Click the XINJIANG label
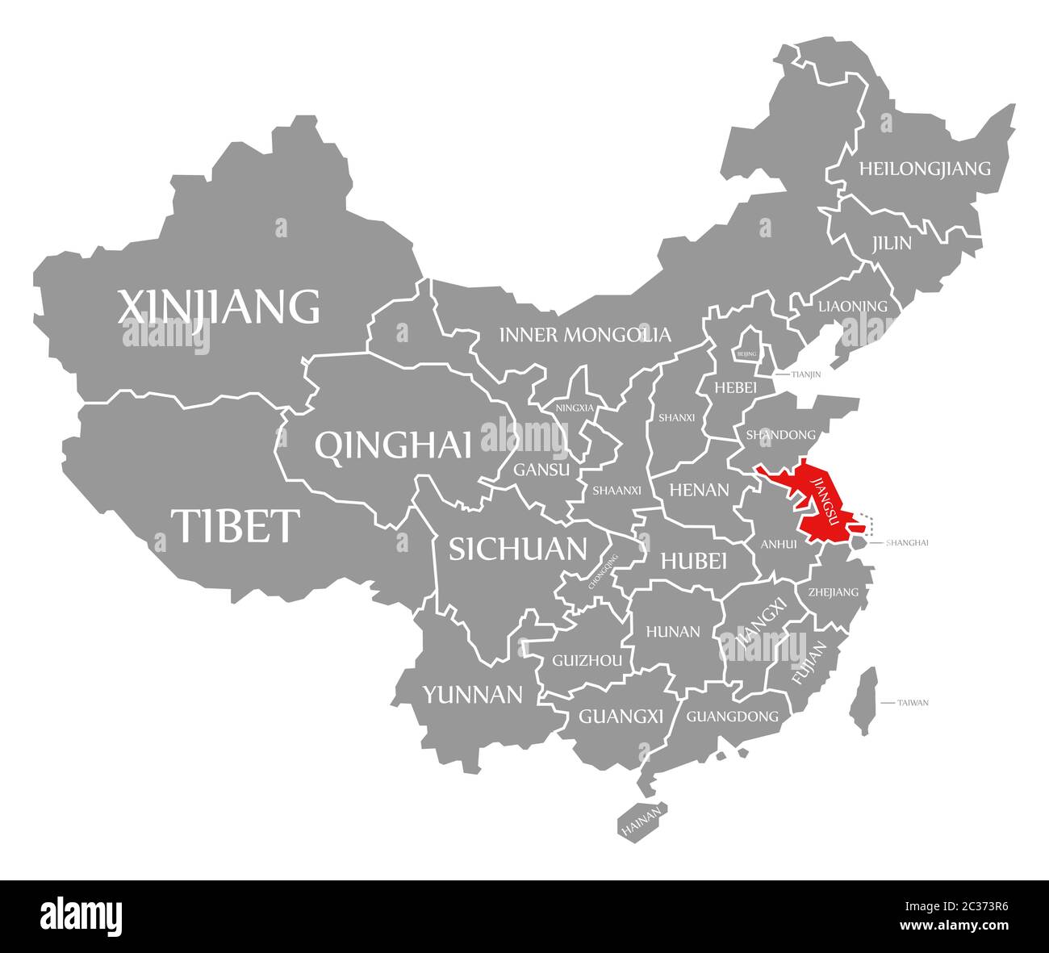coord(219,307)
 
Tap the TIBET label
coord(235,525)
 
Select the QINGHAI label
coord(393,445)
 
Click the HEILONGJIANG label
coord(924,169)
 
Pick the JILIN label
coord(891,243)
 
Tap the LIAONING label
coord(852,307)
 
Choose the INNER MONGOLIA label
coord(584,334)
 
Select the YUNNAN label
coord(473,694)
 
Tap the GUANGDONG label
coord(732,716)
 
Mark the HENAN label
coord(699,489)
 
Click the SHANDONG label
coord(780,434)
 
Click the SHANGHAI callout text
coord(907,542)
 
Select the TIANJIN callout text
coord(806,374)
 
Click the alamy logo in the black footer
coord(81,915)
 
